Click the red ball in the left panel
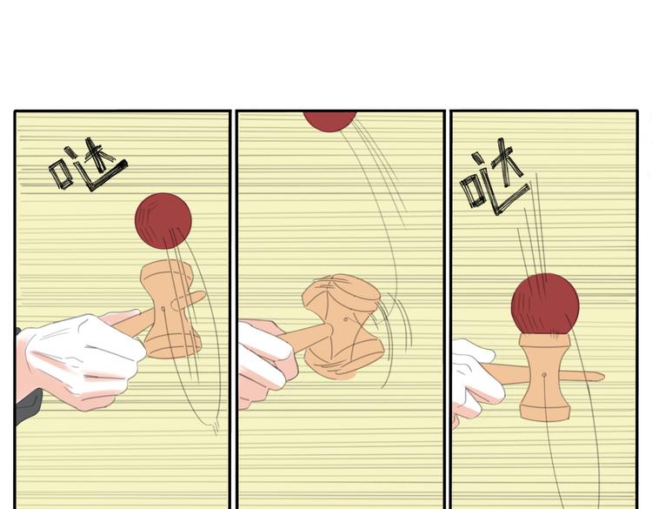coord(163,221)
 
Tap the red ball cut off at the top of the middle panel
coord(329,121)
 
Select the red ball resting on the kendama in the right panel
coord(545,304)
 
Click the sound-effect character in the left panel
coord(88,165)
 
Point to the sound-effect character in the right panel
coord(495,177)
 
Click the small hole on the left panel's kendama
coord(163,309)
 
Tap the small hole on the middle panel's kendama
coord(346,319)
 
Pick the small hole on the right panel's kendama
coord(544,375)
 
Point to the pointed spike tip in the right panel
coord(603,377)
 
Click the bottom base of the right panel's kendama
coord(545,412)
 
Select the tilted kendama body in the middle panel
coord(343,325)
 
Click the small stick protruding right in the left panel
coord(190,299)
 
